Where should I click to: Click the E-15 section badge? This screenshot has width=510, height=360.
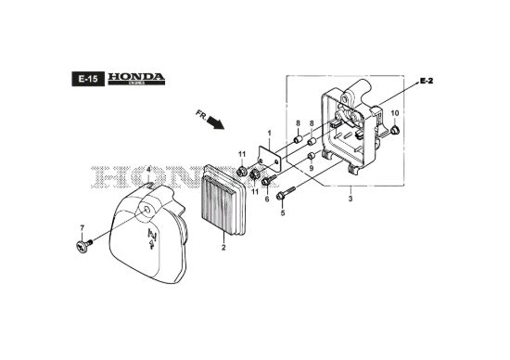(88, 79)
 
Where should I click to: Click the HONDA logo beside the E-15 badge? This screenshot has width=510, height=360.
(136, 79)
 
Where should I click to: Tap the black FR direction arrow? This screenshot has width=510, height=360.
(215, 122)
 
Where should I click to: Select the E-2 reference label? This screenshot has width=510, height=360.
(427, 81)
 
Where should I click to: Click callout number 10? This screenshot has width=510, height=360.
(394, 113)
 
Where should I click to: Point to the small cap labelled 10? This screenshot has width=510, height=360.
(395, 130)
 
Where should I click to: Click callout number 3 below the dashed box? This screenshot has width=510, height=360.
(351, 199)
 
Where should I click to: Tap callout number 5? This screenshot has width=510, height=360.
(283, 212)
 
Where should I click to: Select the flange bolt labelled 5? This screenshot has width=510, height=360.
(286, 193)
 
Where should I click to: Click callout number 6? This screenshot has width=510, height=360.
(267, 199)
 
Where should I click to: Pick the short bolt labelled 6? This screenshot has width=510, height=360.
(269, 180)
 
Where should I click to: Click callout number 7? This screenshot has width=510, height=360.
(82, 227)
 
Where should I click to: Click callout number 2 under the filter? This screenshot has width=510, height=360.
(223, 248)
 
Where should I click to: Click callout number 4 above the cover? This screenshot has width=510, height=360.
(148, 170)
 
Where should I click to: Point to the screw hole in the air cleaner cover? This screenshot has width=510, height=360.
(147, 210)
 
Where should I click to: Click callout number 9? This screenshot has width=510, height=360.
(312, 168)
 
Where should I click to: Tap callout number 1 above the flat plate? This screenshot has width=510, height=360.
(269, 133)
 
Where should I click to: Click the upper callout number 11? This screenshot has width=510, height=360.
(242, 154)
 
